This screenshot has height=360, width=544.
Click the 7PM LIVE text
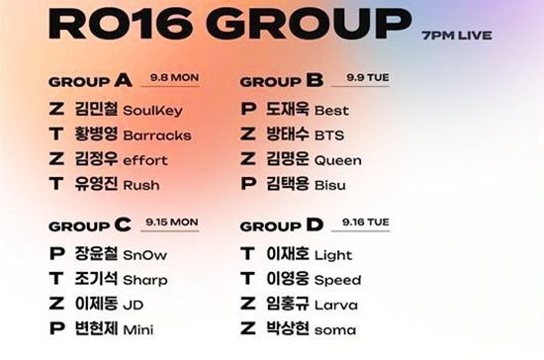[457, 36]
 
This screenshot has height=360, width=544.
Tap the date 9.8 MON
[174, 77]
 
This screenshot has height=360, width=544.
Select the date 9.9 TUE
[368, 77]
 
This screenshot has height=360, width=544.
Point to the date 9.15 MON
[172, 222]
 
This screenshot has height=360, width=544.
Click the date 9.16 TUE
[366, 222]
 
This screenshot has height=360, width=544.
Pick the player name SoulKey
[152, 111]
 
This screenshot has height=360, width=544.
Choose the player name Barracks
[157, 135]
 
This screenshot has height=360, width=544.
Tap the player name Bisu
[330, 185]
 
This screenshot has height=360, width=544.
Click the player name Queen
[338, 160]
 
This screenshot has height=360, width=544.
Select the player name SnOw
[145, 255]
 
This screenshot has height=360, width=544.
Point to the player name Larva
[336, 306]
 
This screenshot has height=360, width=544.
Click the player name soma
[335, 330]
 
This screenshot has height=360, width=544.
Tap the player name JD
[134, 306]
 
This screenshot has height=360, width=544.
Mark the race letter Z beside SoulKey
[56, 109]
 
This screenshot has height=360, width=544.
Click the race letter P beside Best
[248, 109]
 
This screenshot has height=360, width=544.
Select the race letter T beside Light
[247, 253]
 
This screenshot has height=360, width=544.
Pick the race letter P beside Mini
[57, 328]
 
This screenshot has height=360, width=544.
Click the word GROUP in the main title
[311, 24]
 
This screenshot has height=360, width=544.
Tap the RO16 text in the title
[121, 24]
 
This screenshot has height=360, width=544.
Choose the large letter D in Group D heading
[315, 225]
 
